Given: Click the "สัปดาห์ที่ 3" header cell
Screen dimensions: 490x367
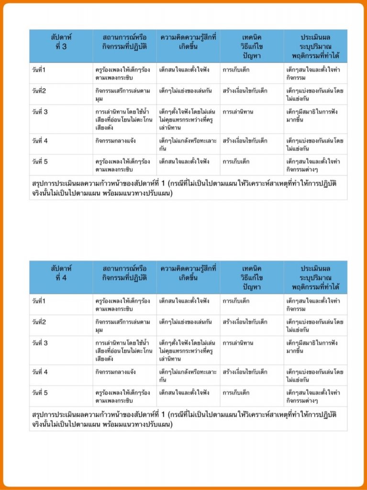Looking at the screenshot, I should click(x=61, y=42).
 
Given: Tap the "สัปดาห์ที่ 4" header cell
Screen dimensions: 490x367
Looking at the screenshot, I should click(x=61, y=273).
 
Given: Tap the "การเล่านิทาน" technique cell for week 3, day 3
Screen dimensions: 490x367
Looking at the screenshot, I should click(x=238, y=112).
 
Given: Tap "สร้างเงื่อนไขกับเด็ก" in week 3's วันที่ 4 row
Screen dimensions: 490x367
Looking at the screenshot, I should click(x=245, y=141).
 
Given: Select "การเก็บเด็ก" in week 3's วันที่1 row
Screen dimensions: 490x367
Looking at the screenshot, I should click(x=236, y=70).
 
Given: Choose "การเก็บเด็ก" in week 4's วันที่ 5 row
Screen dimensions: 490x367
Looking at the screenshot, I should click(x=236, y=393).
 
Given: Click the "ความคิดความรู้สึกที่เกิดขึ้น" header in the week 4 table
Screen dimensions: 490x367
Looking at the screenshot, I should click(x=188, y=273).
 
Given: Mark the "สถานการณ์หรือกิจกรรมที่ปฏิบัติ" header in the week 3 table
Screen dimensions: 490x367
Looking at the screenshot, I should click(x=124, y=42).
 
